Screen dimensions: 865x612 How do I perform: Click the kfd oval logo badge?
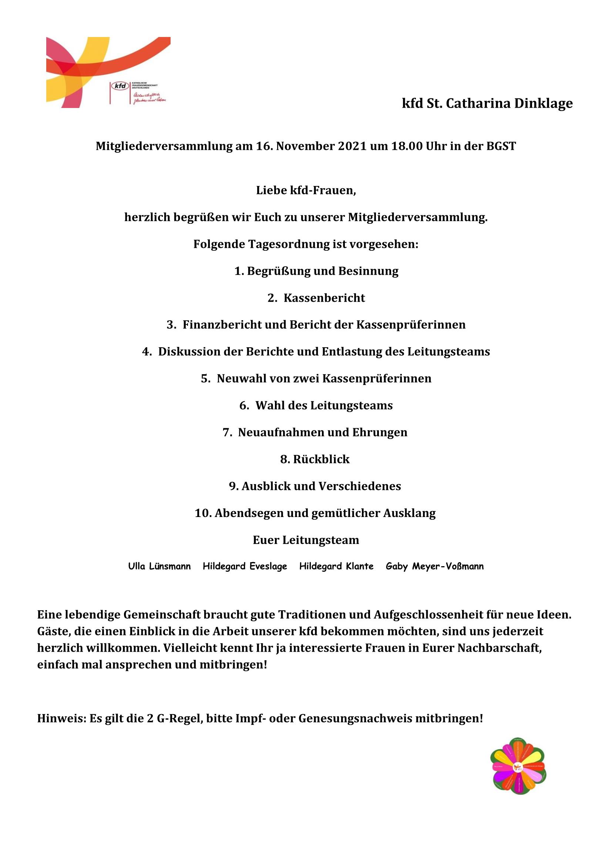point(120,86)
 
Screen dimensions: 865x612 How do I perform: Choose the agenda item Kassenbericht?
point(324,298)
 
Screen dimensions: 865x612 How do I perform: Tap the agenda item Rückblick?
point(321,459)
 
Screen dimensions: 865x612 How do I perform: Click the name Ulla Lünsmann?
point(159,566)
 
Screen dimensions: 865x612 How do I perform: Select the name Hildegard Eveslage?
point(245,566)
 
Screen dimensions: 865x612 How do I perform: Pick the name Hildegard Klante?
point(336,566)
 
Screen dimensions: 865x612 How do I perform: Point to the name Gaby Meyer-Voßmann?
point(434,566)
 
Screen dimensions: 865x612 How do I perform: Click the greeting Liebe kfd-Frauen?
point(306,190)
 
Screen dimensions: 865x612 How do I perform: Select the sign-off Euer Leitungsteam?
point(306,540)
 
